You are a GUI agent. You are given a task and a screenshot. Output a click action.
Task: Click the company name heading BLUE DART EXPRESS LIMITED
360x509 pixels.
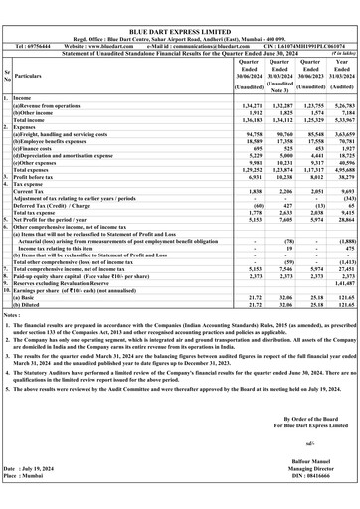179,7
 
